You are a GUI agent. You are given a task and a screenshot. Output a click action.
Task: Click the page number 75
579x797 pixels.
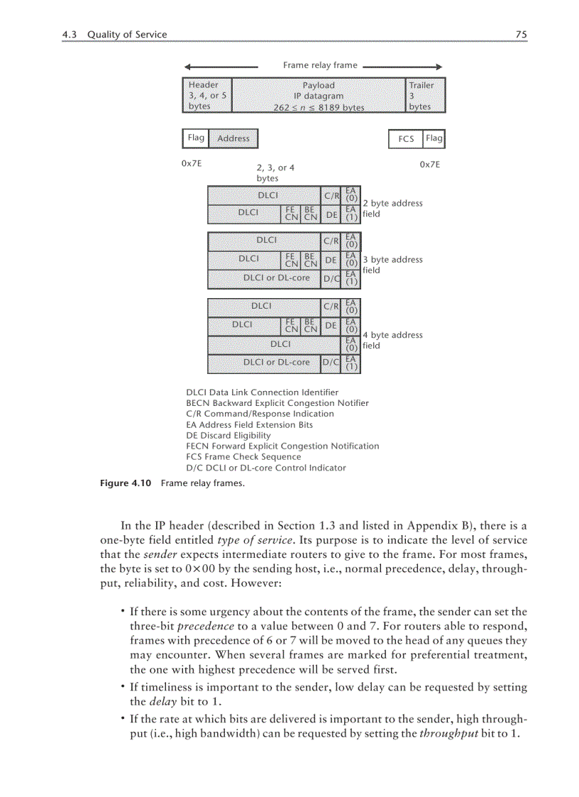[522, 34]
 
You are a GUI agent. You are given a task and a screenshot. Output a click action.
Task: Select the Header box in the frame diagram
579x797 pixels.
[207, 95]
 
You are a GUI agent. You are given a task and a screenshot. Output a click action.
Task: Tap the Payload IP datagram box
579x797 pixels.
[319, 95]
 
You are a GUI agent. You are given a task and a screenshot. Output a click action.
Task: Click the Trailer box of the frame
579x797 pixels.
[426, 95]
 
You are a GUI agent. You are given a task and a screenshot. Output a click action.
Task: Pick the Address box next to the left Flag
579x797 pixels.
[233, 138]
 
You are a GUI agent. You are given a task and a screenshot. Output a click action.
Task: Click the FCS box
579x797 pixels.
[406, 138]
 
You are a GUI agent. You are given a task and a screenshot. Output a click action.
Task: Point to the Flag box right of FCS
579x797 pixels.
[434, 138]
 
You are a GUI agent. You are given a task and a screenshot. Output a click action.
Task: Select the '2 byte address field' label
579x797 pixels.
[392, 208]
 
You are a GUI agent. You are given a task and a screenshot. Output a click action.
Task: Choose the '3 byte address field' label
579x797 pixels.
[392, 265]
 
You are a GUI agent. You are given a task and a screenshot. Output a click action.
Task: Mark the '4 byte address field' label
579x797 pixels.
[392, 340]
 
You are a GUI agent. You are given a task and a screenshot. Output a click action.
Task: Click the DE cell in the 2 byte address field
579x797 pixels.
[331, 214]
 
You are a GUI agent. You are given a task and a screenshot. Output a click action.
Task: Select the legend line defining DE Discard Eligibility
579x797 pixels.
[228, 435]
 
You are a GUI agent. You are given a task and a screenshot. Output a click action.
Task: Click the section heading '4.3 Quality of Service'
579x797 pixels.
[115, 34]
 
